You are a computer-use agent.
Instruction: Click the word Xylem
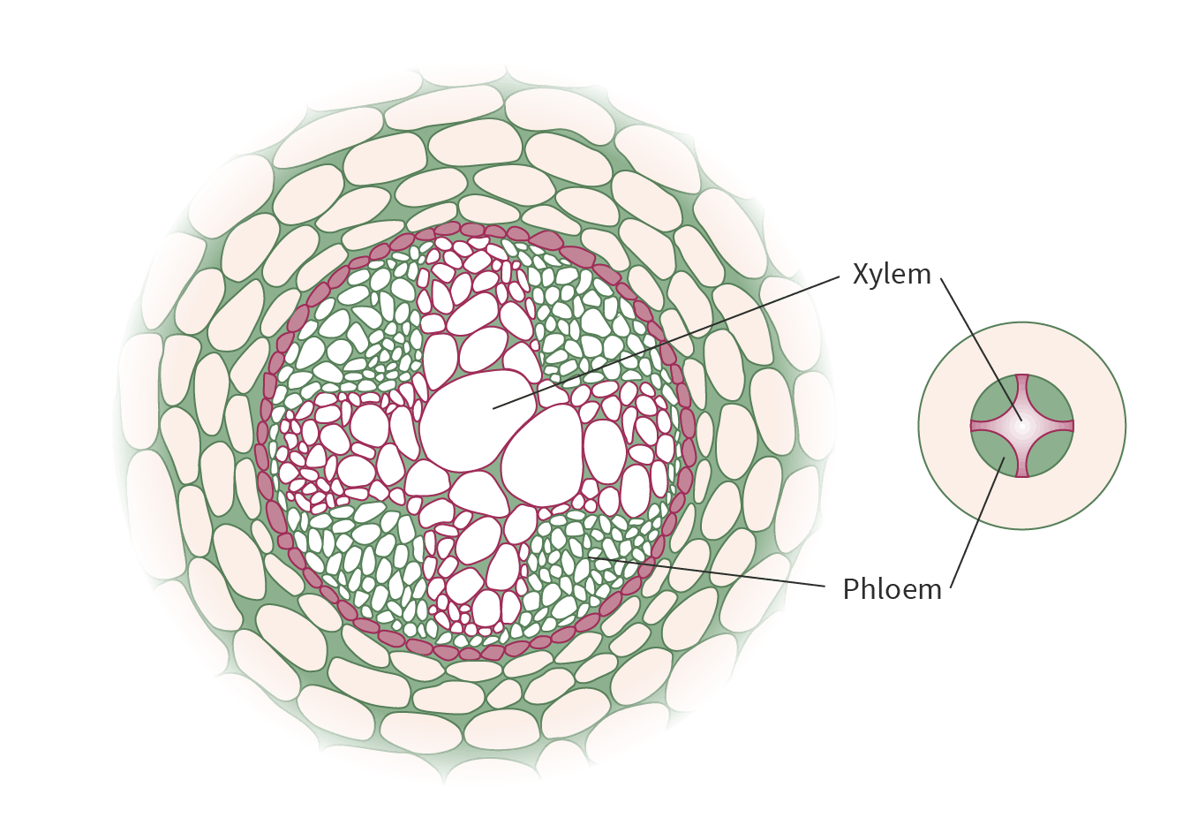(x=892, y=275)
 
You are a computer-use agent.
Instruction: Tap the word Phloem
(x=892, y=589)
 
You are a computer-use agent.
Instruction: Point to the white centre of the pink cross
(x=1022, y=426)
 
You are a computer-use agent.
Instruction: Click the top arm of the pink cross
(x=1022, y=389)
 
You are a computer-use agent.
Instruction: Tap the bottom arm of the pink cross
(x=1022, y=463)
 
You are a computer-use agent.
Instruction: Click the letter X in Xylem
(x=861, y=275)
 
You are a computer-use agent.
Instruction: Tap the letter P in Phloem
(x=851, y=589)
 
